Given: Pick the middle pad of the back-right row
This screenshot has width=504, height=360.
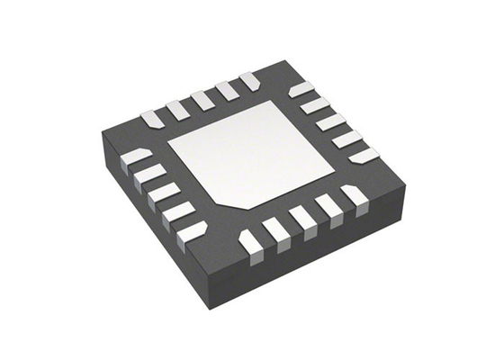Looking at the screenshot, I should tap(330, 121).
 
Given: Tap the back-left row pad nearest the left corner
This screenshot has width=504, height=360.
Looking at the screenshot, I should tap(150, 118).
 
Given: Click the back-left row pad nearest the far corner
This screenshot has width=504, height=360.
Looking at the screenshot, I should tap(250, 82).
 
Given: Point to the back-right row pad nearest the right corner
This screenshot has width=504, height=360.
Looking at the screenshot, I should tap(364, 155).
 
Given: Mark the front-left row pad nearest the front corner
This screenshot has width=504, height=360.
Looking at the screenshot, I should tap(192, 231).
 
